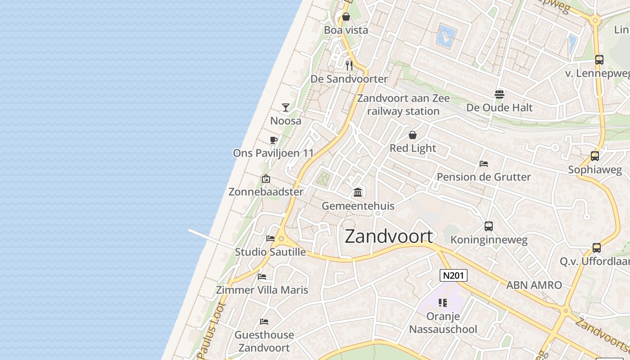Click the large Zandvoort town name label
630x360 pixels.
pos(389,236)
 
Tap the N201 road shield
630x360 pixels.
pos(453,275)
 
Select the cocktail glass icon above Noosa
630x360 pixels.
pos(286,107)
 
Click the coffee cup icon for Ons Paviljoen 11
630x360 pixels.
pos(273,140)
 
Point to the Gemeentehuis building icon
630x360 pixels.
pos(358,193)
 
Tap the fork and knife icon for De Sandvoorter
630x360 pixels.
pos(349,66)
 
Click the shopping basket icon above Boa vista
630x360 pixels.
pos(346,17)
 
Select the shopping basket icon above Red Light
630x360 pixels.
pos(413,135)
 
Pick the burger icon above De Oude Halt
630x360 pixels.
pos(499,94)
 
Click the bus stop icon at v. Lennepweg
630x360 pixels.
pos(599,60)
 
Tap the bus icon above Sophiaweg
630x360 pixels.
pos(595,156)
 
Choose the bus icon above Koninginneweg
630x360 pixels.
pos(489,226)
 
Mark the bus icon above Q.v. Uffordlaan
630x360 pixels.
pos(597,247)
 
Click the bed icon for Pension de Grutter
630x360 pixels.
pos(484,164)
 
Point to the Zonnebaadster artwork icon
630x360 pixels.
pos(266,179)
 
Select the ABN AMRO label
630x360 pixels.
pos(534,285)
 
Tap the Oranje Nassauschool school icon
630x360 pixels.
pos(443,303)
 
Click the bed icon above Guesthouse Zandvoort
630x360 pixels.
pos(264,322)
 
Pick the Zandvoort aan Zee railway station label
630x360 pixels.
pos(403,104)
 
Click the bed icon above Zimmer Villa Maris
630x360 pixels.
pos(262,276)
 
